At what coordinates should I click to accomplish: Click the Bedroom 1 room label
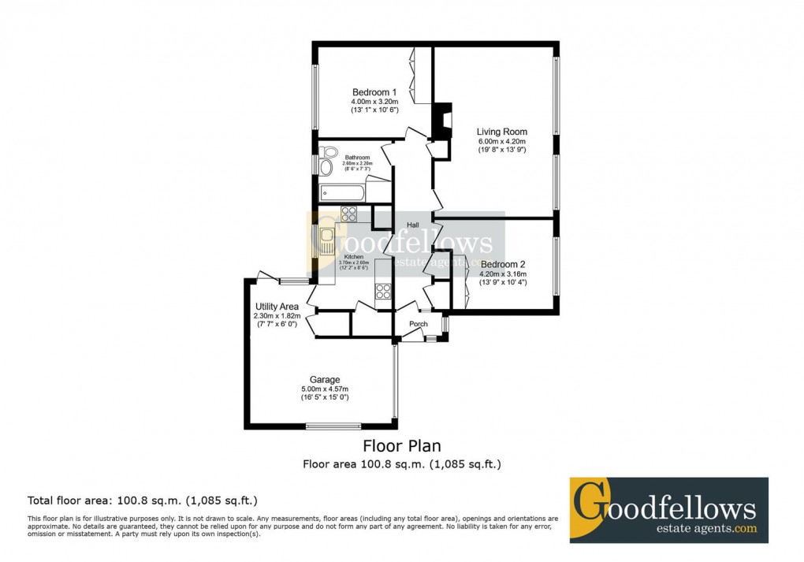[374, 91]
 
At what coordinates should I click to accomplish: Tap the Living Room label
[502, 132]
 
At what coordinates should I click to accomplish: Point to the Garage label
[325, 380]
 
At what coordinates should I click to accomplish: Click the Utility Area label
[276, 306]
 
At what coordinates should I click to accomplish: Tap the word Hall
[412, 225]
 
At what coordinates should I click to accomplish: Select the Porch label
[419, 324]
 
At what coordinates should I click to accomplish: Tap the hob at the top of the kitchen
[349, 213]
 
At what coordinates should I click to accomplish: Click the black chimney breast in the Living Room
[443, 121]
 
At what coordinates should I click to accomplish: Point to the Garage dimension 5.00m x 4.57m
[325, 389]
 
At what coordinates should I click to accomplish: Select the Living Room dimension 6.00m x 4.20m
[502, 142]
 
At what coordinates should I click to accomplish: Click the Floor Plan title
[401, 447]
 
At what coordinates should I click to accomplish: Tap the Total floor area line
[143, 500]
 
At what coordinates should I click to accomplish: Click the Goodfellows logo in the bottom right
[668, 510]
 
